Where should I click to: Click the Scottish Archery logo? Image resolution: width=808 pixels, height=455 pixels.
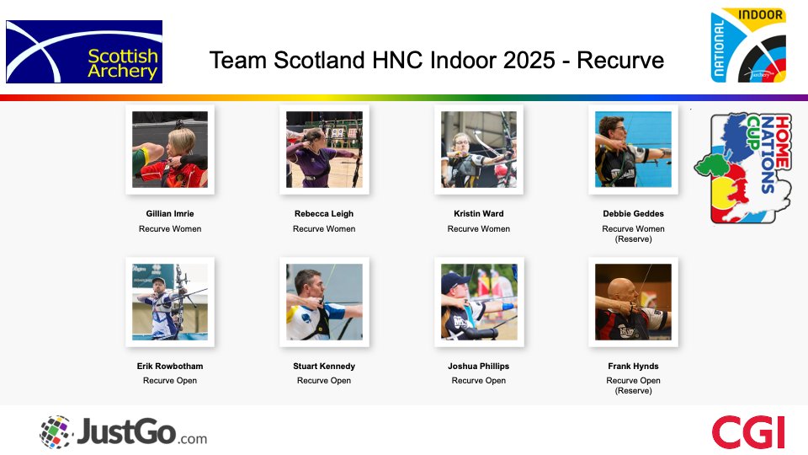pos(84,51)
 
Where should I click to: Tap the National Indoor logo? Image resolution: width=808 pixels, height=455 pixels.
pos(748,46)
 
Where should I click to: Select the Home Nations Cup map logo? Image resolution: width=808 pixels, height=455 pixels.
pos(742,168)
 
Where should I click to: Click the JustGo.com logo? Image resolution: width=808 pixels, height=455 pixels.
pos(123,432)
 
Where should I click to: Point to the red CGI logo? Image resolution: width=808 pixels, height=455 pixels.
pos(747,432)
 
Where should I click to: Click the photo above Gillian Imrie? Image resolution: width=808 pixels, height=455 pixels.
pos(170,149)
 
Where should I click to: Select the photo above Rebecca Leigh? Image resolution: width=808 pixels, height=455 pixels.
pos(324,149)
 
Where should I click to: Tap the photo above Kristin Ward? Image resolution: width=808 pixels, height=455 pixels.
pos(478,149)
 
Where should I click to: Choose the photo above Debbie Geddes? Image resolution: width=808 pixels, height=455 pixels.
pos(633,149)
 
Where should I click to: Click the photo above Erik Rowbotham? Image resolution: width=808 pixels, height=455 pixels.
pos(170,302)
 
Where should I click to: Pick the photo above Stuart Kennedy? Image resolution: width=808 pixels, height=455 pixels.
pos(324,302)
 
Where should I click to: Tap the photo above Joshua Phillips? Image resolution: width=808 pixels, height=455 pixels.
pos(478,302)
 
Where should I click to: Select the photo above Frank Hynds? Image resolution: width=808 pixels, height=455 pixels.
pos(633,302)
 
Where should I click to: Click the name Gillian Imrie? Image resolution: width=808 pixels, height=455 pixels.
pos(170,214)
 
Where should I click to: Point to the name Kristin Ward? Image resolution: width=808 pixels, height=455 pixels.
pos(478,214)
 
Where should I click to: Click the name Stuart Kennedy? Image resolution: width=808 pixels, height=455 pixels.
pos(324,367)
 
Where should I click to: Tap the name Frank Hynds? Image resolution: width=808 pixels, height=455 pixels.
pos(633,367)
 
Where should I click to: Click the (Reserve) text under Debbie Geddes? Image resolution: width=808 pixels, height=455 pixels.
pos(633,239)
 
